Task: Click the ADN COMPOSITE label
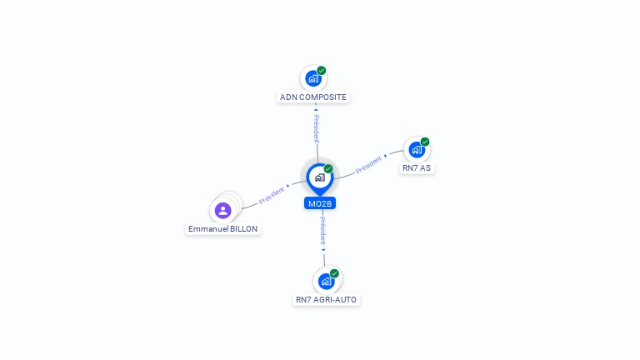pos(313,97)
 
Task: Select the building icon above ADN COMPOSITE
pos(313,78)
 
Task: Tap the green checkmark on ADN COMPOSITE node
pos(322,71)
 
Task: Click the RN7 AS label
pos(417,168)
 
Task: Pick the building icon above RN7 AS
pos(417,150)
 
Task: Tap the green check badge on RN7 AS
pos(425,142)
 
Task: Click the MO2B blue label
pos(320,203)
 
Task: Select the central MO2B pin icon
pos(320,179)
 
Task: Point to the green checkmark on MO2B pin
pos(328,168)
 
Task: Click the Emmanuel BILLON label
pos(222,229)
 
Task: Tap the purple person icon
pos(222,211)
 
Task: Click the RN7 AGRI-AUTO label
pos(326,300)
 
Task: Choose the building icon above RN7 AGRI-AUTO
pos(326,281)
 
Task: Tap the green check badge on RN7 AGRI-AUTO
pos(334,273)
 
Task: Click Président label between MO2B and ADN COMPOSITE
pos(317,127)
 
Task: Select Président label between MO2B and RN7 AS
pos(368,164)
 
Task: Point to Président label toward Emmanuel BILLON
pos(272,196)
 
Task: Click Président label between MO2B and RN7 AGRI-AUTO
pos(322,231)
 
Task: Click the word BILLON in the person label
pos(243,229)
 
